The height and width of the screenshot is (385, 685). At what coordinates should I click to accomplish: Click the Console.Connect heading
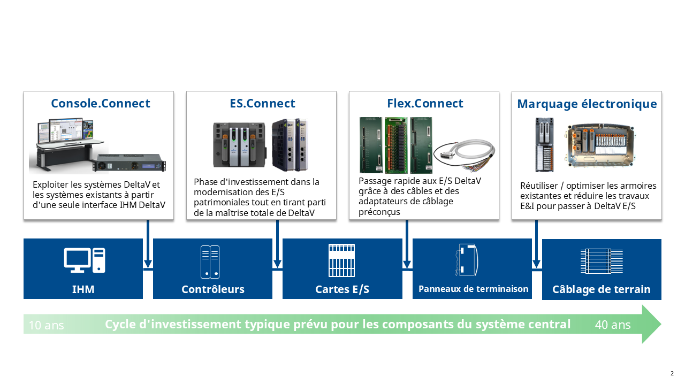(101, 103)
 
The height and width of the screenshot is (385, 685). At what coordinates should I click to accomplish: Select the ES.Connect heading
(262, 103)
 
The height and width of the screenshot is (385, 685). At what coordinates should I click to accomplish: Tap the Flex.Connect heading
(425, 103)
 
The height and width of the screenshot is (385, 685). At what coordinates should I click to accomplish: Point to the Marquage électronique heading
(587, 104)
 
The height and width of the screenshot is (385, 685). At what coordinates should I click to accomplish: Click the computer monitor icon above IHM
(85, 261)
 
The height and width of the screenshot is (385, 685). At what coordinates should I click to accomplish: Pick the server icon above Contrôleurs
(210, 261)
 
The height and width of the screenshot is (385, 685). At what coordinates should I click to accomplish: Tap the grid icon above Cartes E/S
(341, 260)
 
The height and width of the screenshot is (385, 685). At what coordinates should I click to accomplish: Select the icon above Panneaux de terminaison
(467, 260)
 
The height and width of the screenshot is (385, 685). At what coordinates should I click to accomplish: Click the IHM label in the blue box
(83, 289)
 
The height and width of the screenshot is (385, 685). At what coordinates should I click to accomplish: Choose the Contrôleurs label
(212, 289)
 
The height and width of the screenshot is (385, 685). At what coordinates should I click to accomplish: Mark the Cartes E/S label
(342, 289)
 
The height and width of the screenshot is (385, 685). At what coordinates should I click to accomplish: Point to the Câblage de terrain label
(601, 289)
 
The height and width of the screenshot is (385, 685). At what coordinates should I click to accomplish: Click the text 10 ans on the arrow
(46, 325)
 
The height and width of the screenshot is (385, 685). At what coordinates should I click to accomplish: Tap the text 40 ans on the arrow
(613, 325)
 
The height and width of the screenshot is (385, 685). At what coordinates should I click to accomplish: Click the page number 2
(672, 373)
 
